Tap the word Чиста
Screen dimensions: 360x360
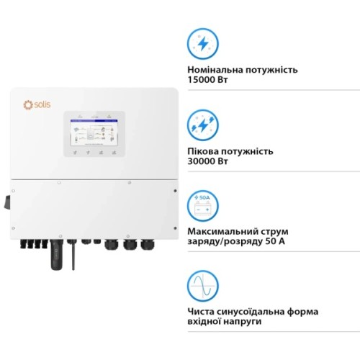(201, 311)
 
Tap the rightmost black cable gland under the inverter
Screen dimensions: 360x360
(149, 245)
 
